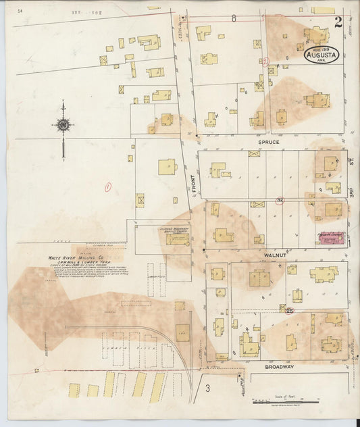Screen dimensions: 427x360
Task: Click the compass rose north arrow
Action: pyautogui.click(x=63, y=126)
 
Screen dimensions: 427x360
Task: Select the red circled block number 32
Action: pyautogui.click(x=279, y=201)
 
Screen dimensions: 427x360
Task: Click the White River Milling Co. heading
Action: pyautogui.click(x=75, y=257)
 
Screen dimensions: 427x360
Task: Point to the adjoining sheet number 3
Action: pyautogui.click(x=209, y=387)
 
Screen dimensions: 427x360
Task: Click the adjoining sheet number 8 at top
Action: pyautogui.click(x=234, y=18)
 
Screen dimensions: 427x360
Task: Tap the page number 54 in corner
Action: pyautogui.click(x=21, y=11)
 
